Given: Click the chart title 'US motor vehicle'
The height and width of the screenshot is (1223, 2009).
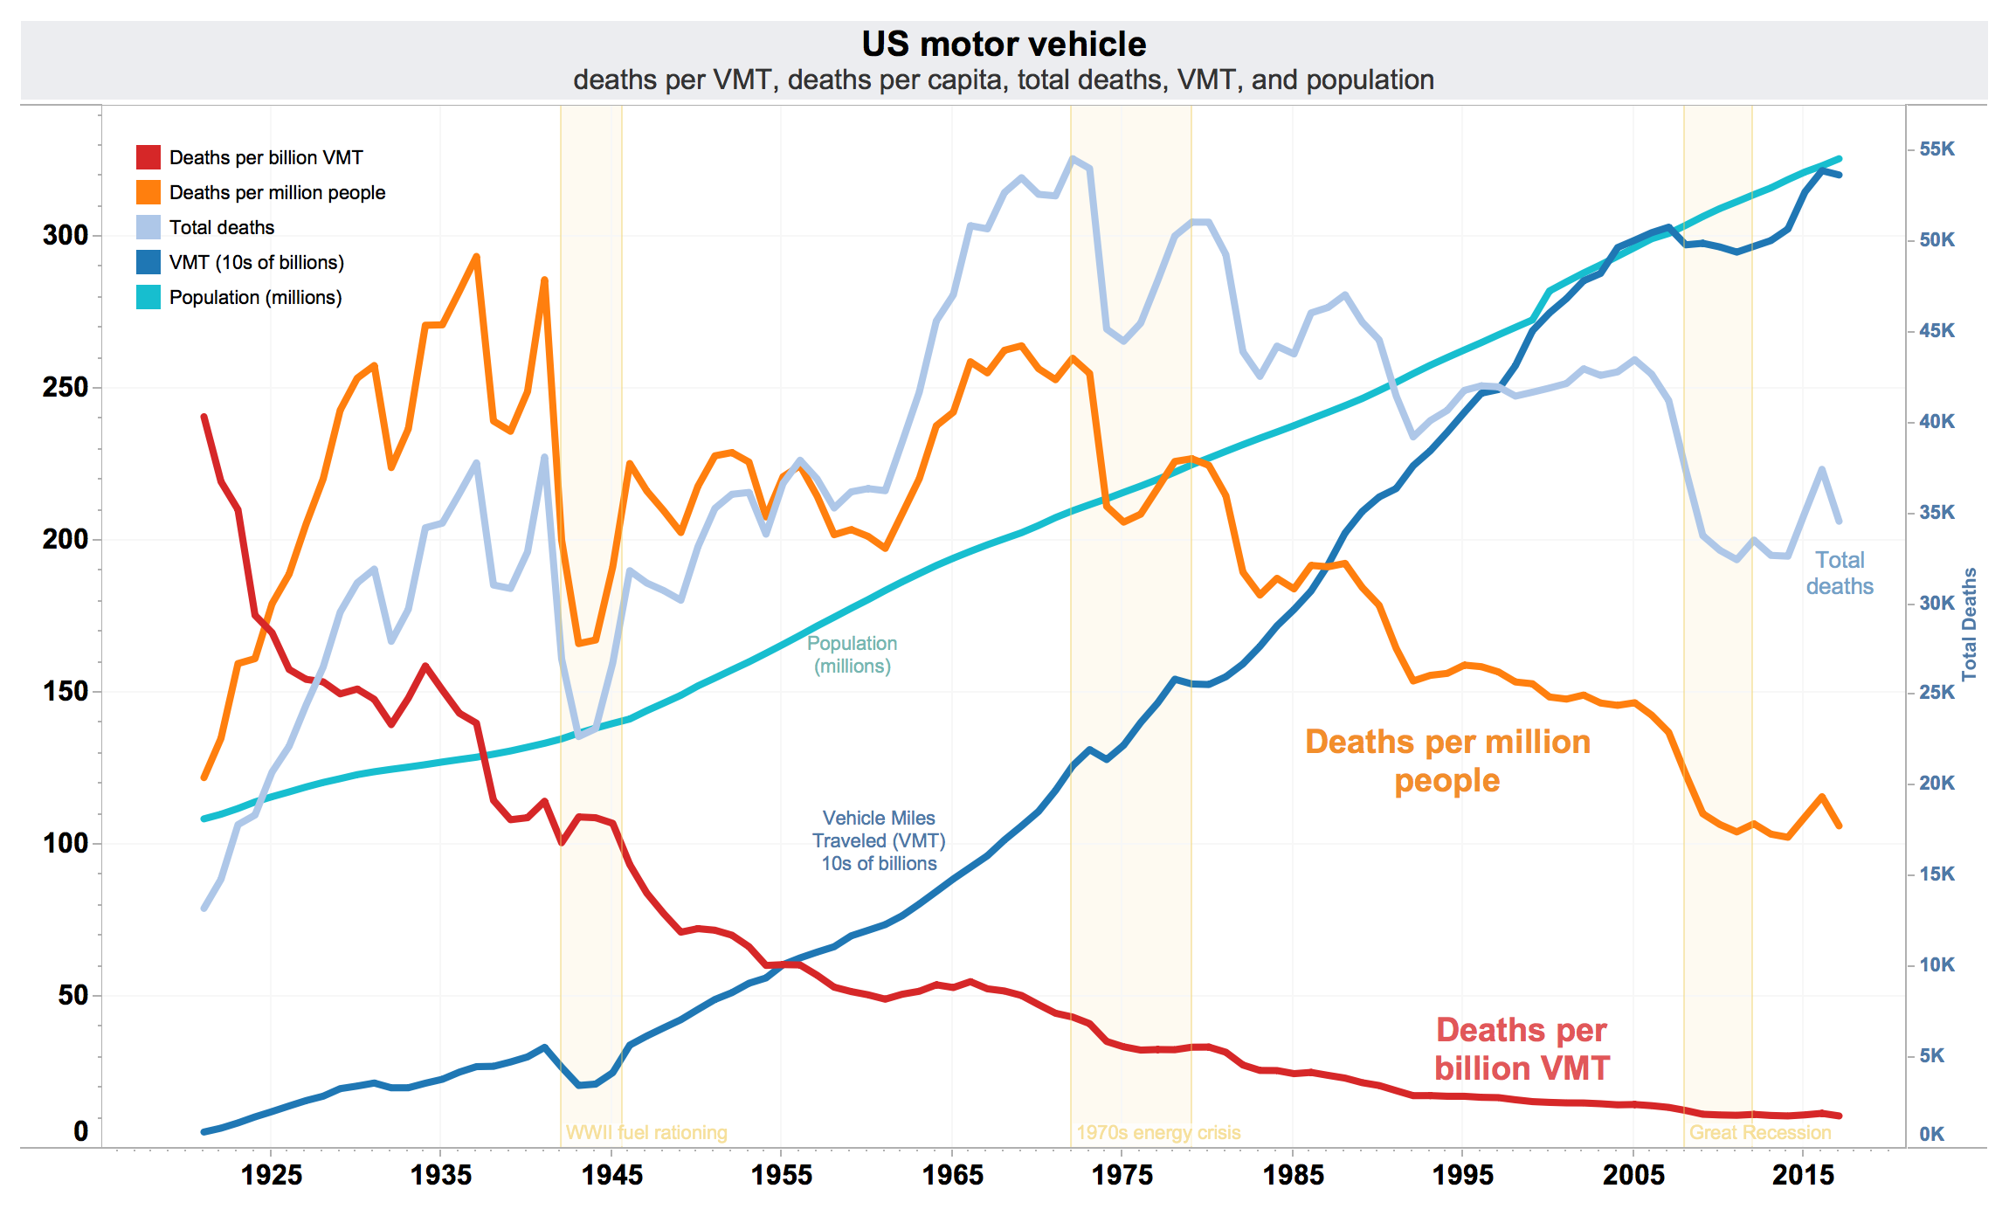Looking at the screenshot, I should (1003, 44).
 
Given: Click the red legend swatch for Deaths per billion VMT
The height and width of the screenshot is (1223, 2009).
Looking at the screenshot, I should (148, 157).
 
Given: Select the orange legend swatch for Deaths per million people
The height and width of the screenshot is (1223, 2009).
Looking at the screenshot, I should (148, 192).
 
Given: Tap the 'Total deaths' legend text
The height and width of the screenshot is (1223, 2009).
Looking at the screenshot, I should (222, 227).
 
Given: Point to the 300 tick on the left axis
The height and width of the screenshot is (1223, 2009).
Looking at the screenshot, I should (66, 235).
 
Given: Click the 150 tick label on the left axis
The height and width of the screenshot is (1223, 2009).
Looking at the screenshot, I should (66, 691).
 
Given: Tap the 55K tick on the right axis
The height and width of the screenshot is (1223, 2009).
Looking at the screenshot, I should (1937, 149).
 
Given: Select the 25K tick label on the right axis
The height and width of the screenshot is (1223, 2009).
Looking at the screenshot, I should (1937, 692).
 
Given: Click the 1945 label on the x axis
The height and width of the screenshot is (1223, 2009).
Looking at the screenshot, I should (611, 1175).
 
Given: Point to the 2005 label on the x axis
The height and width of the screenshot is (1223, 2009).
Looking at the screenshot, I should (1633, 1175).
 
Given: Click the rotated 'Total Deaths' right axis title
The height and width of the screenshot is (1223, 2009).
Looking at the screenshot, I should (1969, 624).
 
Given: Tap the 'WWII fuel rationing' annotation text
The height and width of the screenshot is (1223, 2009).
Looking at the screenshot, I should (646, 1132).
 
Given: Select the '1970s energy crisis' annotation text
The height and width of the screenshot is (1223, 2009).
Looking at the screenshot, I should (1158, 1132).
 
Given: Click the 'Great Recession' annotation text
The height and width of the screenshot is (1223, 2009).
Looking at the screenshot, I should (1759, 1132).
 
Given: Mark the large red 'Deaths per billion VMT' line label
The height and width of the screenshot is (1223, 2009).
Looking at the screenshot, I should (1521, 1048).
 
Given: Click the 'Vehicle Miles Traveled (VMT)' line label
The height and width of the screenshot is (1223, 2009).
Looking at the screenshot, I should (879, 840).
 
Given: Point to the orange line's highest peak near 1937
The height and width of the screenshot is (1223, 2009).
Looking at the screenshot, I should (476, 257).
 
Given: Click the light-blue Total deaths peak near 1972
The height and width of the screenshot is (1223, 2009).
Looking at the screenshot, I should (1073, 159).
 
